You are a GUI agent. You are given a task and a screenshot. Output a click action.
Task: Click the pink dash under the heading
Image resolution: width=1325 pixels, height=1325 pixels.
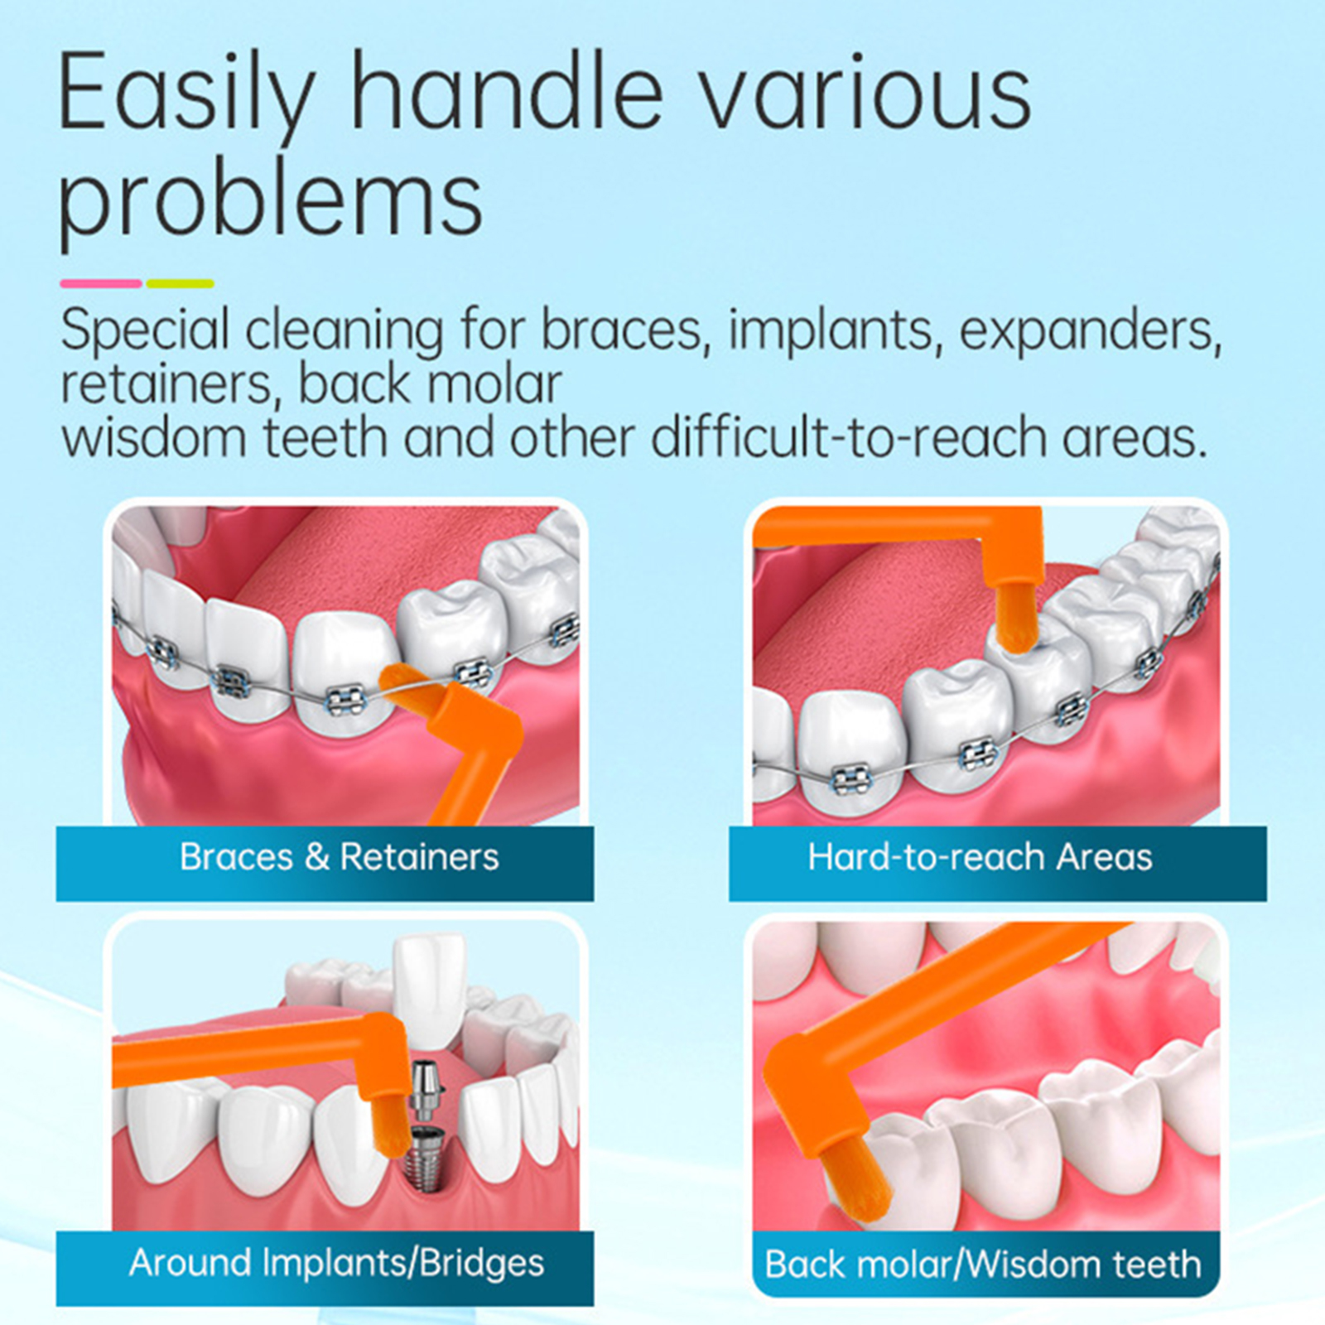[x=101, y=283]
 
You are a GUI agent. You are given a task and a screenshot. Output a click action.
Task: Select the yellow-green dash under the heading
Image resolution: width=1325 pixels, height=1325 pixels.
[x=181, y=283]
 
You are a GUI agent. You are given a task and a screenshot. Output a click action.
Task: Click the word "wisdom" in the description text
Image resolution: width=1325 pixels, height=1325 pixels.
[x=153, y=437]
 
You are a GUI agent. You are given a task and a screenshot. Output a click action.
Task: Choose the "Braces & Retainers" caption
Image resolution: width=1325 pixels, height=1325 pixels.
[x=340, y=857]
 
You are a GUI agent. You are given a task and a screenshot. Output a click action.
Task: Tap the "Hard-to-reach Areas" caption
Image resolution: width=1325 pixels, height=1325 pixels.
[x=980, y=857]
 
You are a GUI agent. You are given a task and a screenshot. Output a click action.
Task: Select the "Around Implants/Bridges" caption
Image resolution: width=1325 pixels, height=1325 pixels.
[x=337, y=1264]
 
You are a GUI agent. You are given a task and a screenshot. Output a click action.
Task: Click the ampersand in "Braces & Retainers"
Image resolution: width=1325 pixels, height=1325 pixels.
[x=317, y=857]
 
